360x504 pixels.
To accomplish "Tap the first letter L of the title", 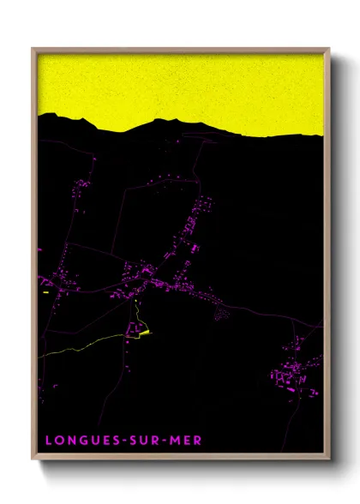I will pos(48,441).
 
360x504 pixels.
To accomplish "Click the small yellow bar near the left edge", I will pos(45,292).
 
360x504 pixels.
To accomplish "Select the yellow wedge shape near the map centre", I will pos(145,333).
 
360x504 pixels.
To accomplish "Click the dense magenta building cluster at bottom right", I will pos(291,375).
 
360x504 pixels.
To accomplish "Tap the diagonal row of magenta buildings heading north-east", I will pos(193,227).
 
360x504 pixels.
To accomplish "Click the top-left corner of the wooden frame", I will pos(33,48).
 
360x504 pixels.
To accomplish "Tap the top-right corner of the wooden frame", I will pos(329,48).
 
